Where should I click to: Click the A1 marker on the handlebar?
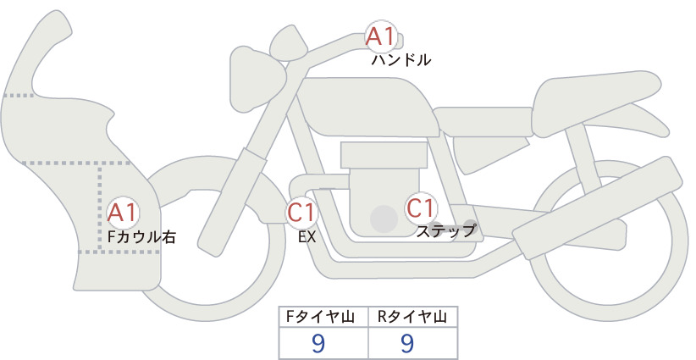click(x=381, y=36)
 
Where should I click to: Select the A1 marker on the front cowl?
click(x=123, y=213)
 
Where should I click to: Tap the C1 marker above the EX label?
click(x=301, y=212)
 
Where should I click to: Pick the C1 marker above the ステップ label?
click(x=421, y=208)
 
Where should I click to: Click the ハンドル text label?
click(x=400, y=60)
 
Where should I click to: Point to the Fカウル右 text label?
click(x=142, y=236)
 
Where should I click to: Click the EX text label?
click(x=307, y=237)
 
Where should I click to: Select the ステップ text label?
click(x=446, y=231)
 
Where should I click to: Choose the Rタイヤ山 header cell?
click(x=413, y=317)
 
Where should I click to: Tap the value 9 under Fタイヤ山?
click(x=318, y=343)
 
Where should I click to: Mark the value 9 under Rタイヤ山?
click(x=407, y=343)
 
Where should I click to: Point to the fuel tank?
click(x=368, y=107)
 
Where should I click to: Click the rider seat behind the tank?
click(x=483, y=121)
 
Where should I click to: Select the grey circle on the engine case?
click(x=384, y=219)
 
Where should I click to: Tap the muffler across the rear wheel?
click(x=598, y=208)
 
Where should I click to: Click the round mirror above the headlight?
click(x=289, y=43)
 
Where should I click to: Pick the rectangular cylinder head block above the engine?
click(x=384, y=154)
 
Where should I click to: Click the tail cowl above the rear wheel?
click(x=597, y=103)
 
